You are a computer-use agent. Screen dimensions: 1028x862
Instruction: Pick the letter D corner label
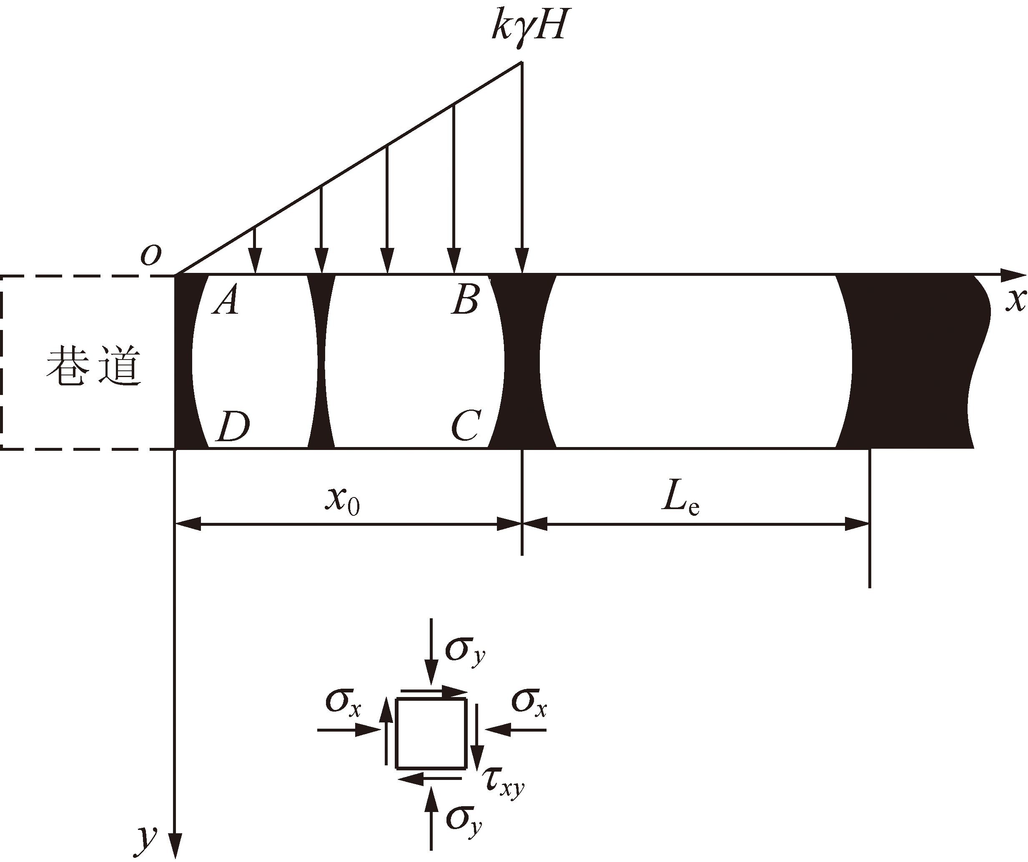233,426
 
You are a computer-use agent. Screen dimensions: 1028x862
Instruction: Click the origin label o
150,255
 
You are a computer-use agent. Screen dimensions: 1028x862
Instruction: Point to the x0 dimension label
342,501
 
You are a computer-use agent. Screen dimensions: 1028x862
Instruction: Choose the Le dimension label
680,500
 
